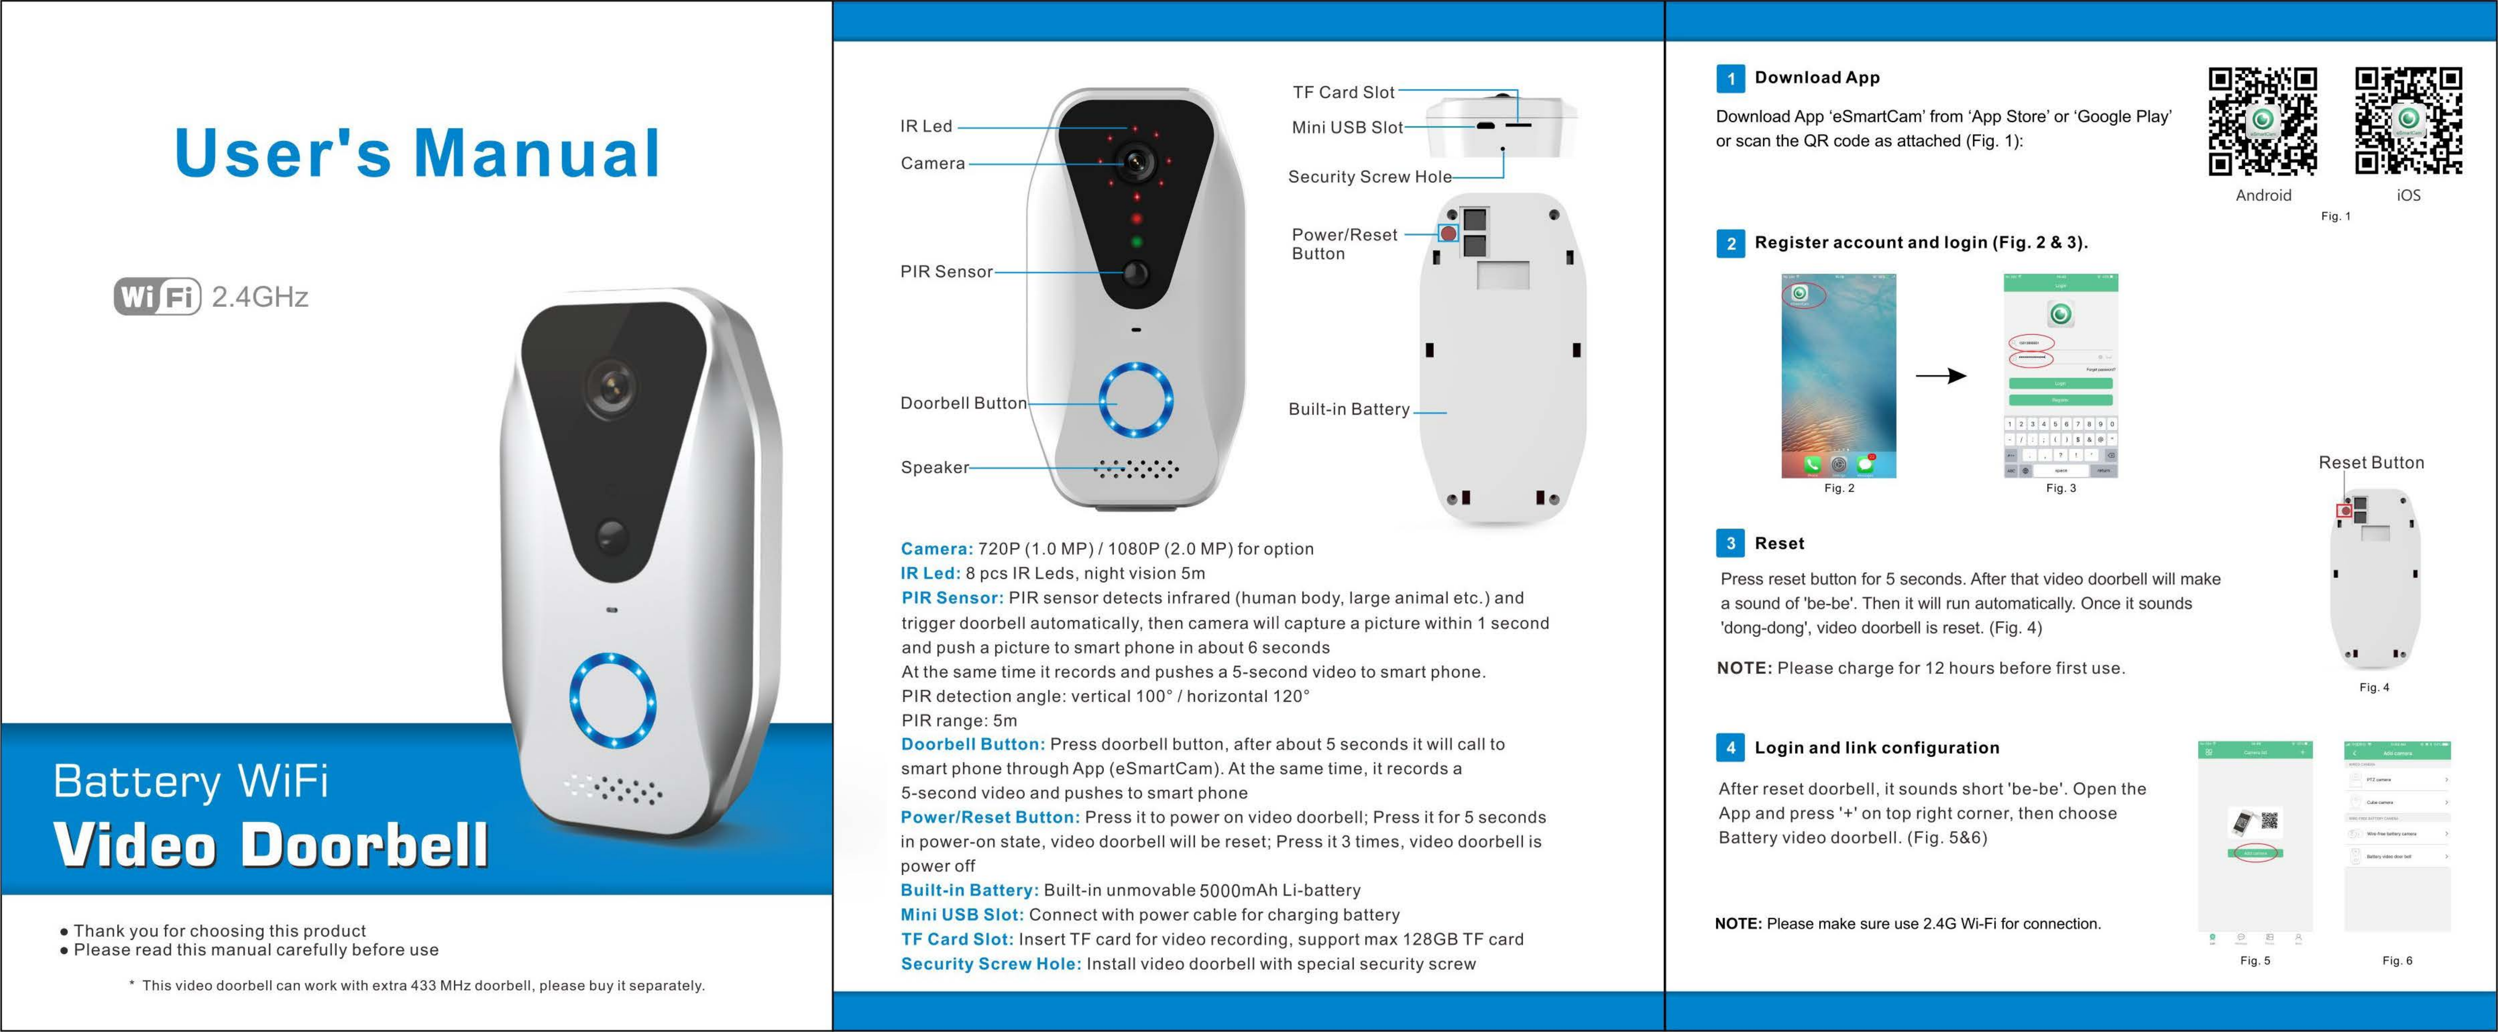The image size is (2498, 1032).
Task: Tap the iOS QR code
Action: (2409, 121)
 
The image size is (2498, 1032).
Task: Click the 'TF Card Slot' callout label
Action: (1343, 92)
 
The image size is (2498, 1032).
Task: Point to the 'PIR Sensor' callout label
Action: (945, 271)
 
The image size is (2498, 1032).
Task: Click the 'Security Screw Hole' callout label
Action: (1369, 176)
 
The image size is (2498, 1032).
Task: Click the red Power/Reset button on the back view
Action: (1448, 233)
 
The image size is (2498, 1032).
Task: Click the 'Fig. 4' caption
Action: (2374, 688)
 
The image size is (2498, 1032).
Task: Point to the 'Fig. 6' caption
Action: (2397, 960)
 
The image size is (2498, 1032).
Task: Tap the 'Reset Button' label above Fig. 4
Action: (2371, 463)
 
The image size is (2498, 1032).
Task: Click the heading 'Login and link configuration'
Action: (1876, 748)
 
